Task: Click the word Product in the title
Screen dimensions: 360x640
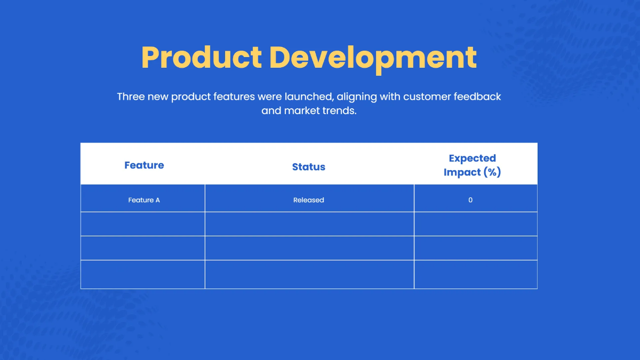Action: pos(201,58)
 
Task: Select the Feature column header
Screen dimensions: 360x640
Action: pos(144,165)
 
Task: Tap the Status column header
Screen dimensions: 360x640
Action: pos(309,167)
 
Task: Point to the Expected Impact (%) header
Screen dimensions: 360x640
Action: pos(472,165)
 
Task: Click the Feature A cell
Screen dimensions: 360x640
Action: pos(144,200)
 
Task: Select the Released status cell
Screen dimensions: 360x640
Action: pos(309,200)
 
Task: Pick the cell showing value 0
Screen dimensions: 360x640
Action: pos(470,200)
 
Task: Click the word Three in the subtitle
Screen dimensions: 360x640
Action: pos(130,97)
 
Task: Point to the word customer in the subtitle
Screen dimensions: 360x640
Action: pos(427,97)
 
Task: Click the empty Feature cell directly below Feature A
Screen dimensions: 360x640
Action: pos(143,224)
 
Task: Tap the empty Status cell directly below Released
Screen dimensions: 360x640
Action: pos(309,224)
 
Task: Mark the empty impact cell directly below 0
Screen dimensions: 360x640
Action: pos(475,224)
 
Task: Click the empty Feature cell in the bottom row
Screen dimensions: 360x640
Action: pos(143,274)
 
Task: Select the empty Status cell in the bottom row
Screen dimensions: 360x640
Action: pos(309,274)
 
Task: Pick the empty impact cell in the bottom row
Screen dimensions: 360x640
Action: pos(475,274)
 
